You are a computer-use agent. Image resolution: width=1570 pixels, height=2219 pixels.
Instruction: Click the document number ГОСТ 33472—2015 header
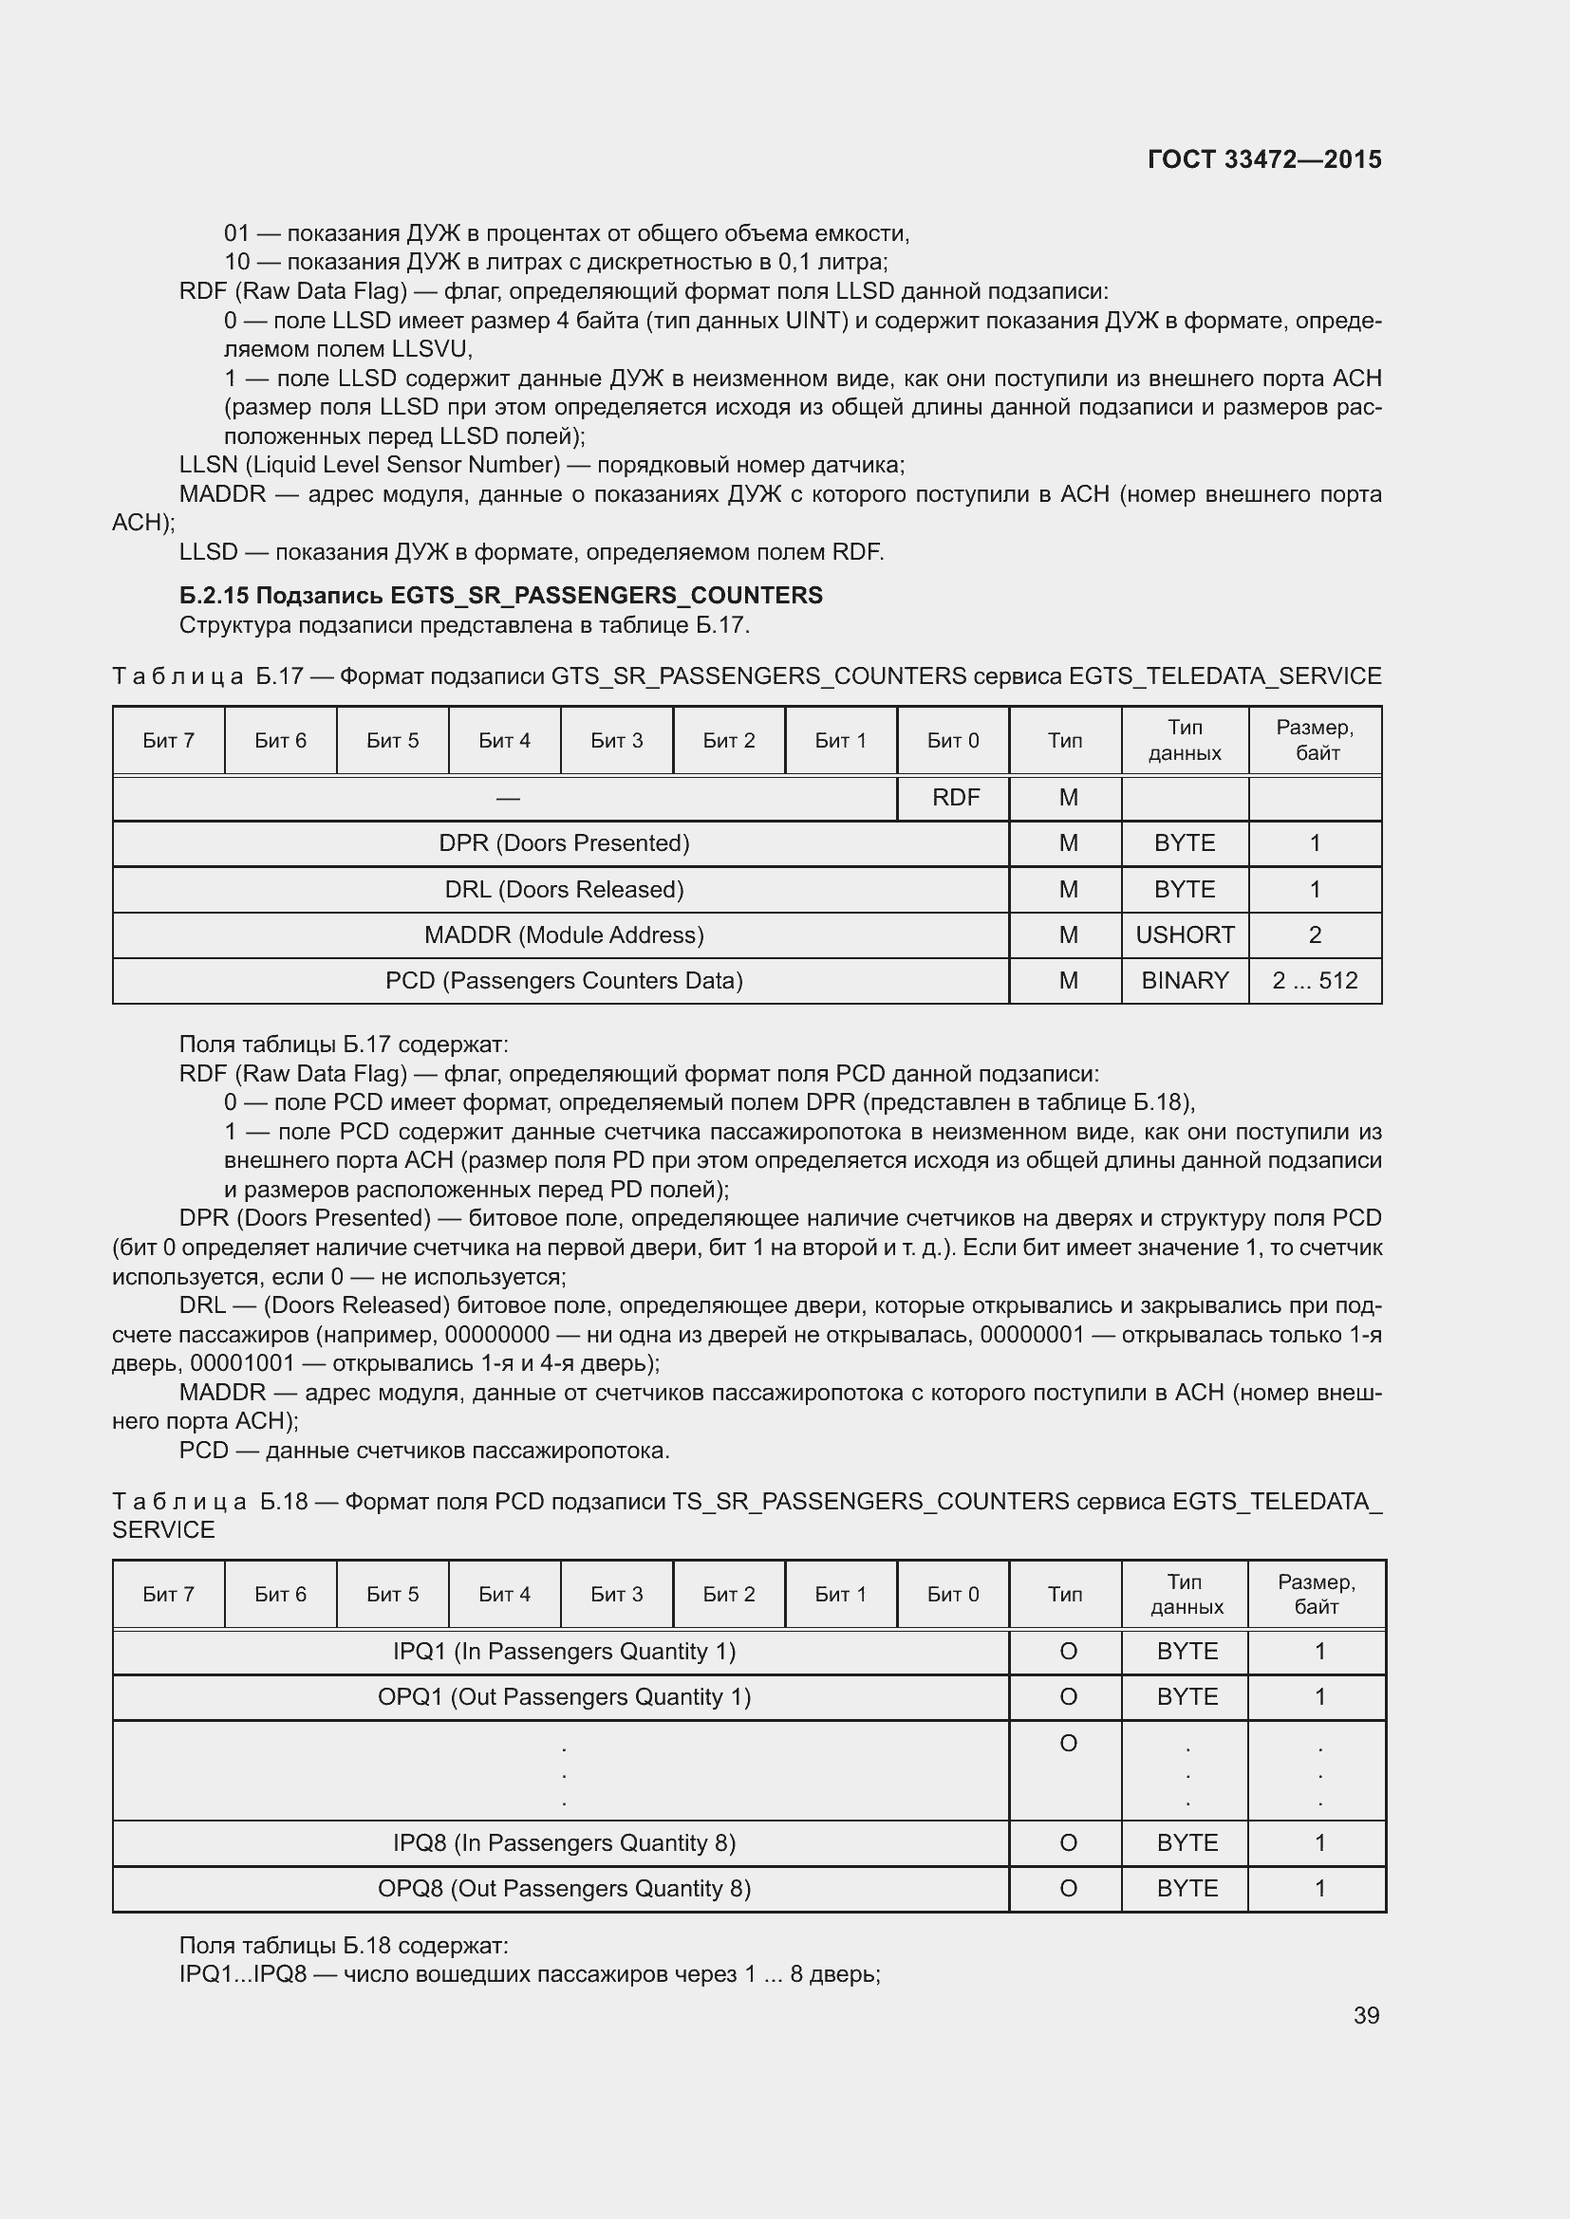pos(1263,159)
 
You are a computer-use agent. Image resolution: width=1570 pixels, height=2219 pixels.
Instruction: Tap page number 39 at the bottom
pos(1366,2015)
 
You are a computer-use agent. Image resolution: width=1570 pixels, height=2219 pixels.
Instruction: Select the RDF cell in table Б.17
pos(955,797)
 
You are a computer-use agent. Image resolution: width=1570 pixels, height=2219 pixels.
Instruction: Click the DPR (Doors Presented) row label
pos(564,842)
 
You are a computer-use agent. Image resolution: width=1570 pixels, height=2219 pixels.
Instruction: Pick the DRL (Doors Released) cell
pos(564,889)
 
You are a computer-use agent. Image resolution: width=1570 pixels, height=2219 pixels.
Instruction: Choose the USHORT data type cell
pos(1185,934)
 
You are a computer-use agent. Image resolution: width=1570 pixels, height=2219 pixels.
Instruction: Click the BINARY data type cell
pos(1185,980)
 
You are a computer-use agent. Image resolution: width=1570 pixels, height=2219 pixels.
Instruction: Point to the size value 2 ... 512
pos(1315,980)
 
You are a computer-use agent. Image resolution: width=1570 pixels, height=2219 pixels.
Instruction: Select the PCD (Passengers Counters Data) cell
pos(564,980)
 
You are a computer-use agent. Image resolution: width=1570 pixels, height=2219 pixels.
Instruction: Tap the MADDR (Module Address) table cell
pos(564,934)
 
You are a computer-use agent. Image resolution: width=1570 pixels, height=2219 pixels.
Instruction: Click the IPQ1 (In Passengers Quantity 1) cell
pos(564,1651)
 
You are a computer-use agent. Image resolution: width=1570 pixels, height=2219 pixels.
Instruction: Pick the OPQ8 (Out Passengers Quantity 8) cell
pos(564,1888)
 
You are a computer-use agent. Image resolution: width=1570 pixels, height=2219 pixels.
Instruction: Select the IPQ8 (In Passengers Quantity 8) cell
pos(564,1842)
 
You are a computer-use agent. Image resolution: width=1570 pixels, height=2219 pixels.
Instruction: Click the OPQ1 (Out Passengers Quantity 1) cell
pos(564,1696)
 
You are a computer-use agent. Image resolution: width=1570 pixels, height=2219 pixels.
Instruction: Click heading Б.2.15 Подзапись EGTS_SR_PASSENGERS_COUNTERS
pos(501,596)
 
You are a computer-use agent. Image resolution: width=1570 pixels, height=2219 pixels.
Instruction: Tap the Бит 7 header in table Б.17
pos(168,740)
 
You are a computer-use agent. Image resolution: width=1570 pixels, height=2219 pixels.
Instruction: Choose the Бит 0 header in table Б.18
pos(952,1594)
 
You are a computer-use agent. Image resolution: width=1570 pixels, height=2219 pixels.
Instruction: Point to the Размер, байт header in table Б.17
pos(1315,740)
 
